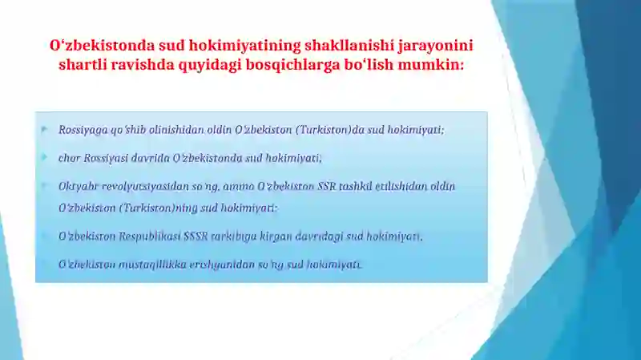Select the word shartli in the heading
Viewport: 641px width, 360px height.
(83, 65)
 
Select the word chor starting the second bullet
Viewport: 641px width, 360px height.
(67, 158)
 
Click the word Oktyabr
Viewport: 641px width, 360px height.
(76, 186)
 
